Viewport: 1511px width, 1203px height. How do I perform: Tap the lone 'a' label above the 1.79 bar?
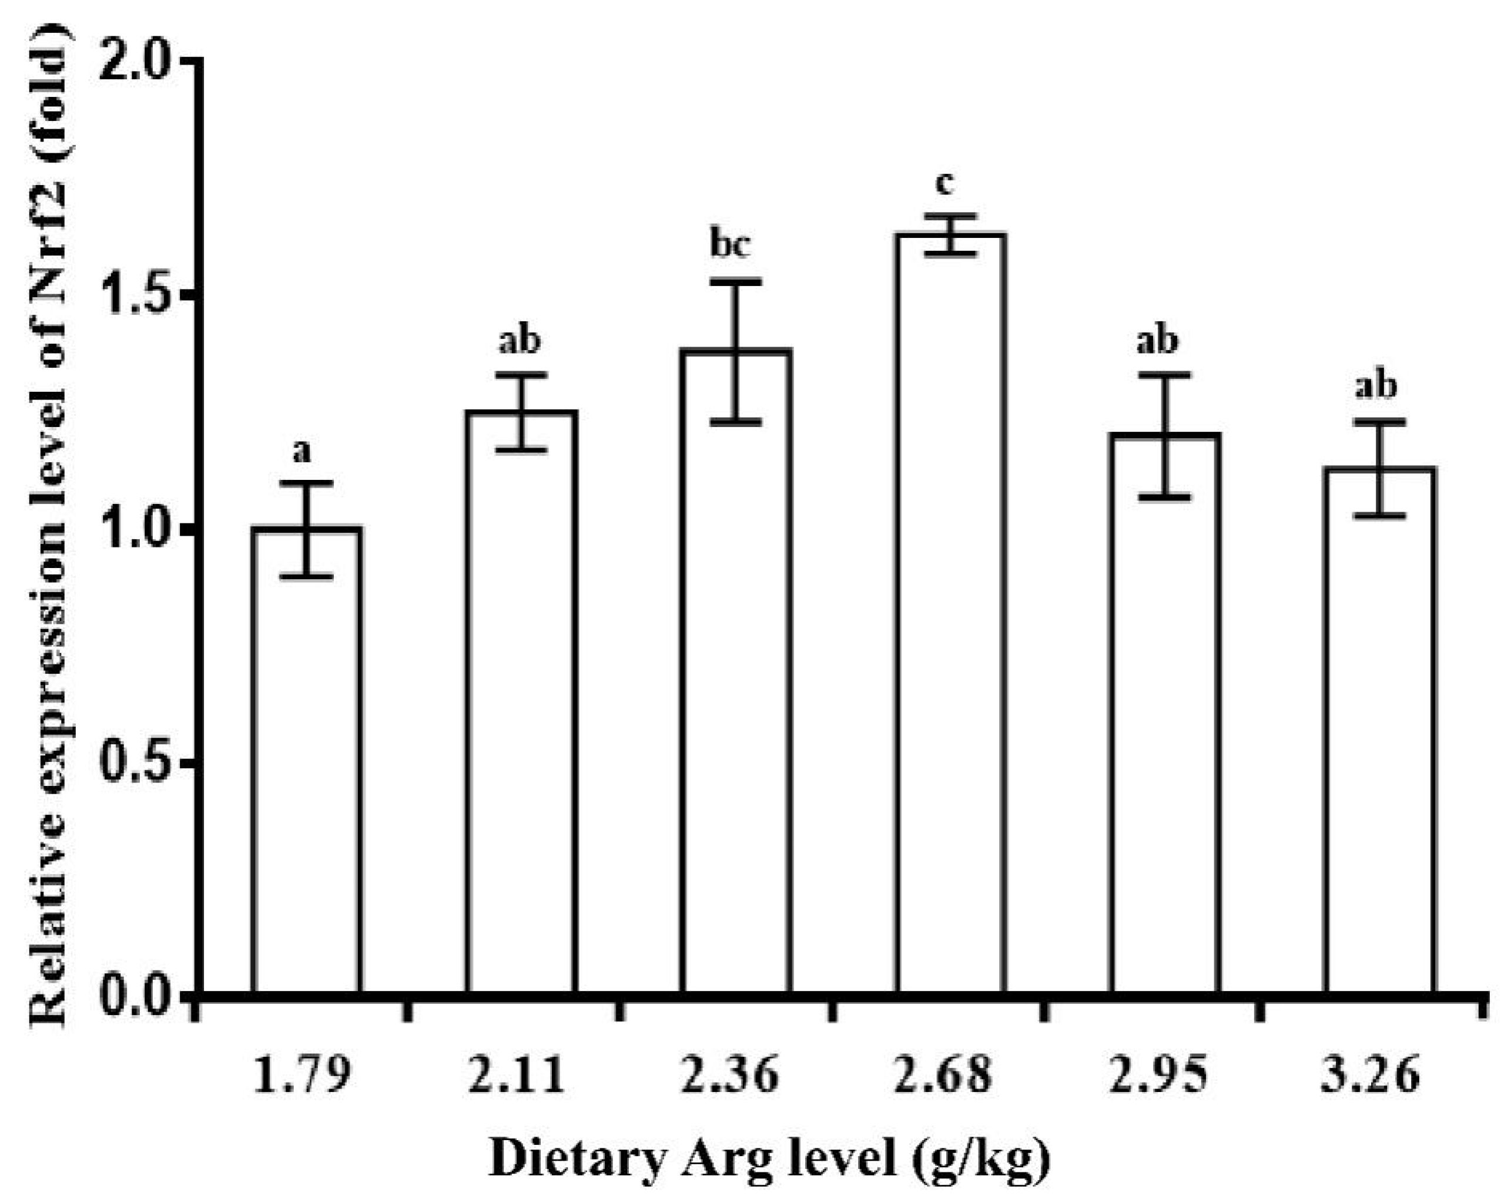(301, 452)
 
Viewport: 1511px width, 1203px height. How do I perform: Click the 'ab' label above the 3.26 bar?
(1376, 386)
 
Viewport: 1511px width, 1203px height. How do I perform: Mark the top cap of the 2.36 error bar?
(737, 281)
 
